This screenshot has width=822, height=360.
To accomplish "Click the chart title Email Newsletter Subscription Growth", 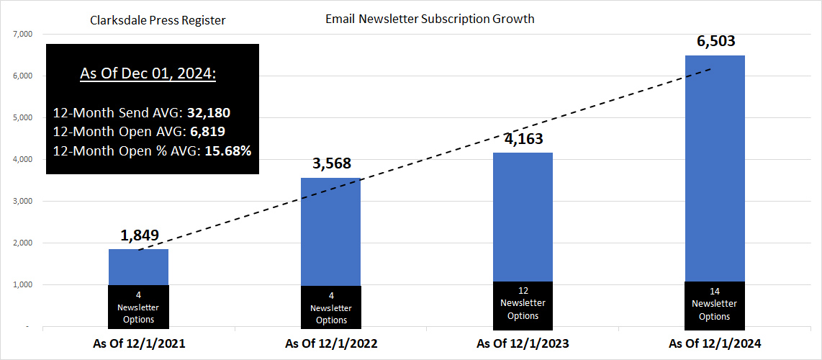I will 430,19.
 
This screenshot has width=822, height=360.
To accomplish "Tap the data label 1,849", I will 138,235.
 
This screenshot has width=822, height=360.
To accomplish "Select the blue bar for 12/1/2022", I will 330,230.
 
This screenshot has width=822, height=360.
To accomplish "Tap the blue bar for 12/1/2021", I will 138,266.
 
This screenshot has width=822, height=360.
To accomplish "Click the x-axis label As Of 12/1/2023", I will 523,344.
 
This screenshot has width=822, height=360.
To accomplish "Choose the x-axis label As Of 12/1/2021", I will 138,344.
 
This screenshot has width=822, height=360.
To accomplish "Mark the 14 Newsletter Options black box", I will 715,305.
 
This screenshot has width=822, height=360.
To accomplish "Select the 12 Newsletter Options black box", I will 523,303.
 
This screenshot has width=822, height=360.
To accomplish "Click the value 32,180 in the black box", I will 209,113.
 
